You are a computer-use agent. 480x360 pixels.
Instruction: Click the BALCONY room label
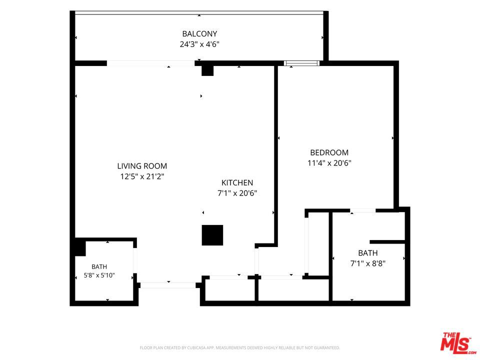point(199,33)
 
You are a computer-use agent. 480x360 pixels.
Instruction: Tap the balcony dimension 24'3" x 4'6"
point(199,44)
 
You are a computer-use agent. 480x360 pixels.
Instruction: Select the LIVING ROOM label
point(142,166)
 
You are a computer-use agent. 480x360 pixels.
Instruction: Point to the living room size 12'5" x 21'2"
point(142,176)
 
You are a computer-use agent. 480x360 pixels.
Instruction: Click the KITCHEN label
point(237,183)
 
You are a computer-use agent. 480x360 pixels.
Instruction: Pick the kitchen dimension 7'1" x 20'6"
point(237,193)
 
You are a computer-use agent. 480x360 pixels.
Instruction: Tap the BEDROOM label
point(329,152)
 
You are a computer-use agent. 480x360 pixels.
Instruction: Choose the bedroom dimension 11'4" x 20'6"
point(329,163)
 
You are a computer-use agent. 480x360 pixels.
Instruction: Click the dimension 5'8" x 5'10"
point(99,275)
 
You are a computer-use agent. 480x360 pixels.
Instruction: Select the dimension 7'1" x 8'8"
point(367,263)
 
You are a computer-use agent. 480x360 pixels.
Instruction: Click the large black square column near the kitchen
point(212,235)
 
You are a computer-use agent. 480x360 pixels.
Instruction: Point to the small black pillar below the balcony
point(207,70)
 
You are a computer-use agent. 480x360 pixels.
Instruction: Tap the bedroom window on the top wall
point(301,63)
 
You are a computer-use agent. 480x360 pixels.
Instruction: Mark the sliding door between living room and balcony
point(150,63)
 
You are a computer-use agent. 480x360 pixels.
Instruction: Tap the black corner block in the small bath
point(80,247)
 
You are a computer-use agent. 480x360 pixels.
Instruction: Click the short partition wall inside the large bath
point(387,242)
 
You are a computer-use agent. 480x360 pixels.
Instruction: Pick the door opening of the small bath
point(135,260)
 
